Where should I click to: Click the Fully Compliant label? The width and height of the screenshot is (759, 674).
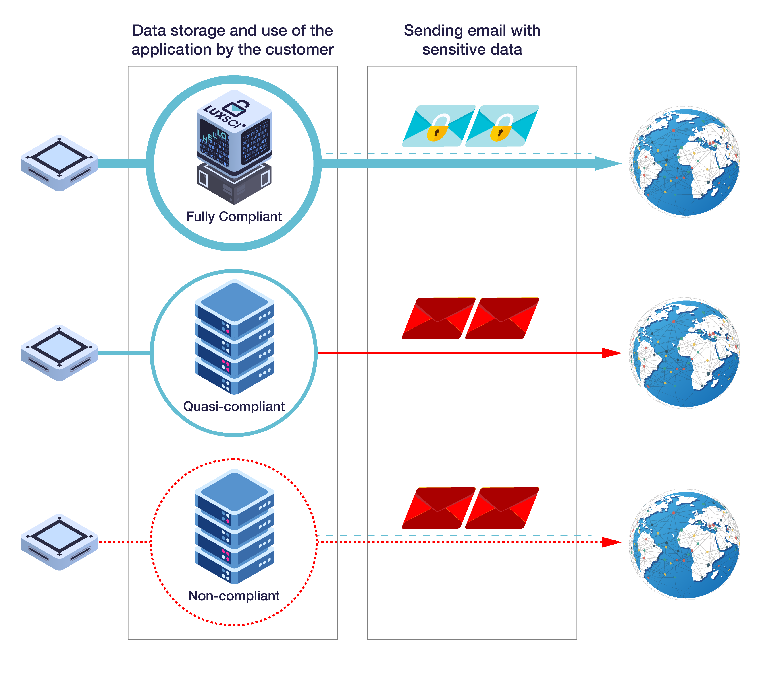(x=234, y=216)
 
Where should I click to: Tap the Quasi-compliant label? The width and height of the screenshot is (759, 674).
(x=234, y=406)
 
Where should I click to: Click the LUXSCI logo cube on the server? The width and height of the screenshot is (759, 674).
(x=234, y=130)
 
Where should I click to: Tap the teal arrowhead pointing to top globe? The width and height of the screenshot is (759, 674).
(x=607, y=163)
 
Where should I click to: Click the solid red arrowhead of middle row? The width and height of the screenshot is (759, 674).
(x=611, y=353)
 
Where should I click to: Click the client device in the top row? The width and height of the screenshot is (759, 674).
(x=59, y=163)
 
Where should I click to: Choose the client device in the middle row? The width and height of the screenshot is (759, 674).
(x=59, y=353)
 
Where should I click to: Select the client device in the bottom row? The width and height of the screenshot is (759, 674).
(x=59, y=542)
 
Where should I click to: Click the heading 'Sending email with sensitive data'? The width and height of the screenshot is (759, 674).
(x=472, y=40)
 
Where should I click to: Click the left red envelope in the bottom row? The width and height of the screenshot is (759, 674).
(x=438, y=508)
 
